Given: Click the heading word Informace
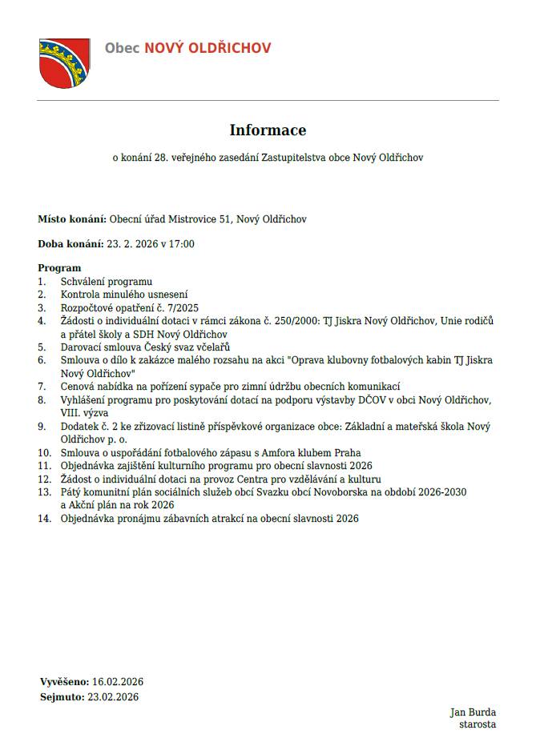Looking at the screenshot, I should pyautogui.click(x=268, y=130).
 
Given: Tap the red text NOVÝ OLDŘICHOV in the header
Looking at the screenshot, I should pyautogui.click(x=208, y=48).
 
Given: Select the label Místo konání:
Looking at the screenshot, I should pyautogui.click(x=72, y=219).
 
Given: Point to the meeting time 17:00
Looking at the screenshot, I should pyautogui.click(x=183, y=244).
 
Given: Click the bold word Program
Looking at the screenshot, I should pyautogui.click(x=59, y=268).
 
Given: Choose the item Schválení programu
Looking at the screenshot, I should pyautogui.click(x=107, y=282).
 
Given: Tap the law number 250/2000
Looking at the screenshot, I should pyautogui.click(x=293, y=321).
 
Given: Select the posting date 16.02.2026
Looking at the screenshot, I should pyautogui.click(x=118, y=682).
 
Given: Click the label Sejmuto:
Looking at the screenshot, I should pyautogui.click(x=62, y=697).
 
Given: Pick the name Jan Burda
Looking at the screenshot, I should pyautogui.click(x=473, y=712).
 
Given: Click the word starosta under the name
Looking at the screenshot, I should pyautogui.click(x=477, y=725).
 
